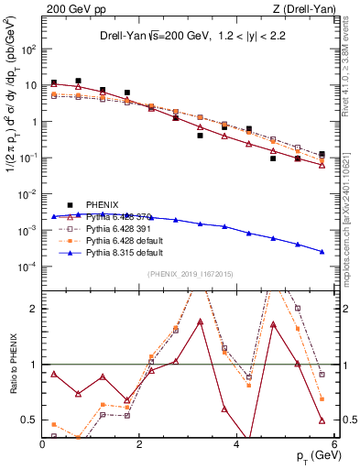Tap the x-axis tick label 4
click(x=236, y=443)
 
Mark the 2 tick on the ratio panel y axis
click(x=35, y=309)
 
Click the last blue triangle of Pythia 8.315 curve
click(x=322, y=252)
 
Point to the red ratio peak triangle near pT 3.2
click(x=200, y=322)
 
